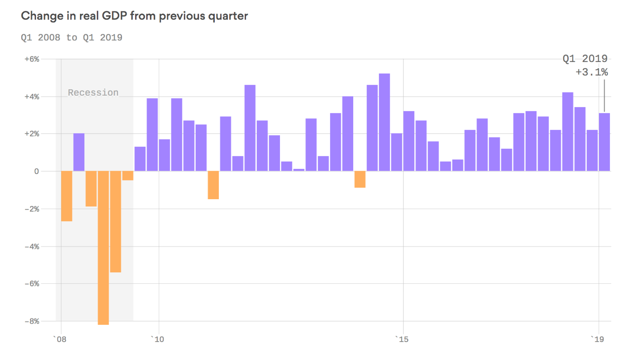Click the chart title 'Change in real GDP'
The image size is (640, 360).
point(134,16)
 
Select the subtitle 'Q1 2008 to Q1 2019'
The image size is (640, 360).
point(72,38)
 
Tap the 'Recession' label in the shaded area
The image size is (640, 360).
point(93,93)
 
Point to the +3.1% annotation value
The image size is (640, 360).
point(592,72)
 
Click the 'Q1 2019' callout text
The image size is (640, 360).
point(585,59)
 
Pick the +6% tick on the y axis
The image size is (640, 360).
point(32,59)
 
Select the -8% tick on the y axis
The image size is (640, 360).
point(32,321)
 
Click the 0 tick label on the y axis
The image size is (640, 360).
point(36,171)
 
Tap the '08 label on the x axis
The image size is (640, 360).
point(60,340)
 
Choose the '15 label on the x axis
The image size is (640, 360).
point(402,340)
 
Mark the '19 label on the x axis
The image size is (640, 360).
point(598,340)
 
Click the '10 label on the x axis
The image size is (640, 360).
point(158,340)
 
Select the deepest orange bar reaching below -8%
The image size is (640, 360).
point(103,248)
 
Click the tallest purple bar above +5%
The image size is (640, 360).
point(384,122)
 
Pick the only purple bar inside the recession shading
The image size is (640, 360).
point(79,152)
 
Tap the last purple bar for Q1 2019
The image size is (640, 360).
point(604,142)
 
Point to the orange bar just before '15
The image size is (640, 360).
point(360,179)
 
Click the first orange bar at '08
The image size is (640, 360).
point(67,196)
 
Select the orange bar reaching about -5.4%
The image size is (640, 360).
point(116,222)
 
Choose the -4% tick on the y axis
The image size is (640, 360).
point(32,246)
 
